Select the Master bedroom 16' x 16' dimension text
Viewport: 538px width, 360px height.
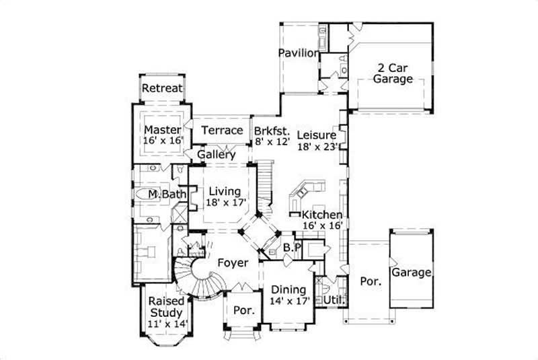pos(162,141)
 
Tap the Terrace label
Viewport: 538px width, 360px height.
pos(222,130)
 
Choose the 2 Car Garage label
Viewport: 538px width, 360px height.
pos(393,73)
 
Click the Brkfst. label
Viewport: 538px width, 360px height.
pos(272,131)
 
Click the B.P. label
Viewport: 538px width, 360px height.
pos(291,248)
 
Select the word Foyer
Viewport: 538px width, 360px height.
pos(232,263)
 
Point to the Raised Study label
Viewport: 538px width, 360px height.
pos(166,307)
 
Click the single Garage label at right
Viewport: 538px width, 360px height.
pos(411,273)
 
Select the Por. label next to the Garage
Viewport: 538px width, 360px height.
pos(371,282)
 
